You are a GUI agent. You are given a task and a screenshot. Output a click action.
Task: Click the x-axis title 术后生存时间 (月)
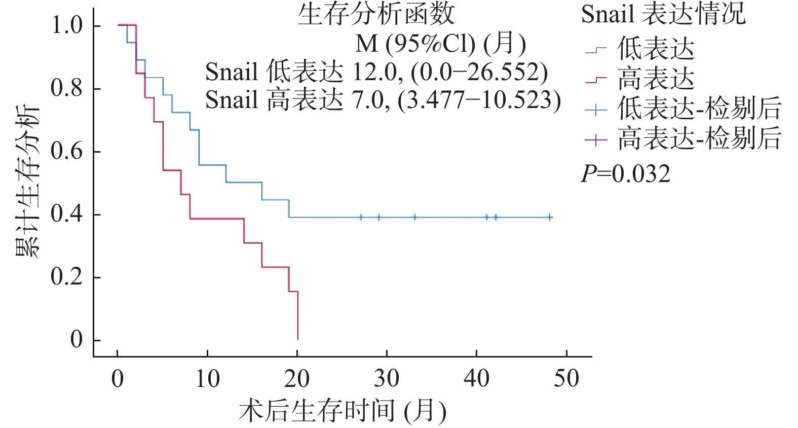pos(343,411)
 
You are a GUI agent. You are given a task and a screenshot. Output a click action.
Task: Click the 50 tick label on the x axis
pos(566,379)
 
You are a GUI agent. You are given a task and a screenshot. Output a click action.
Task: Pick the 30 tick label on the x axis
pos(386,379)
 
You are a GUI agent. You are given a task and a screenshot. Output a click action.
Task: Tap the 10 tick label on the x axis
pos(207,379)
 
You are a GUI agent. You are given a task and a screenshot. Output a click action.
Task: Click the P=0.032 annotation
pos(625,174)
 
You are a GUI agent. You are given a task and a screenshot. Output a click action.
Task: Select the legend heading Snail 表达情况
pos(663,14)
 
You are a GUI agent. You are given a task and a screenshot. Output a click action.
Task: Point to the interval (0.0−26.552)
pos(479,72)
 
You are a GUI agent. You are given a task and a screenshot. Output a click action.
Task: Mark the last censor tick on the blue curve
pos(550,217)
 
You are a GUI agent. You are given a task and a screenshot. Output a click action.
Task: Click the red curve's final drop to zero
pos(297,317)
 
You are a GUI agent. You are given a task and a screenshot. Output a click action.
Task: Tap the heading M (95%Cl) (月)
pos(441,44)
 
